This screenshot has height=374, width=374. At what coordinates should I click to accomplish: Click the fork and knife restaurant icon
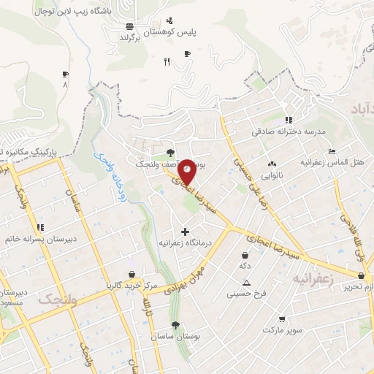click(x=167, y=61)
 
